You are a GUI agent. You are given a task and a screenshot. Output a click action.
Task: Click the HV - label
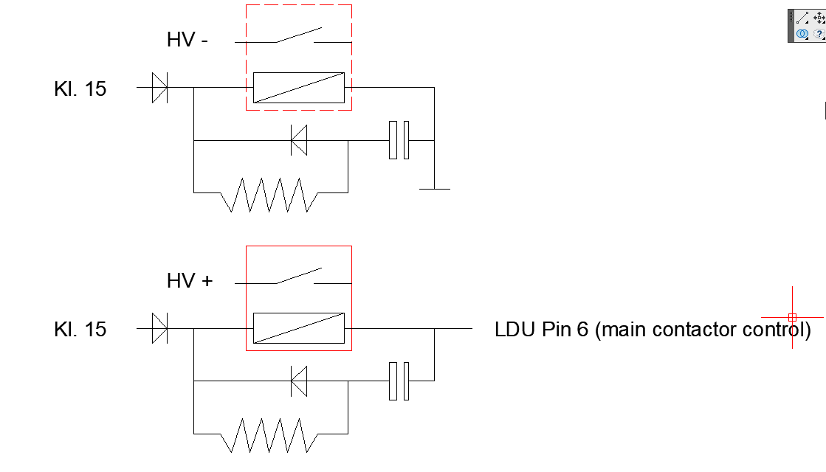tap(187, 41)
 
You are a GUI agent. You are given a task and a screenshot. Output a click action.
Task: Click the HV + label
tap(190, 281)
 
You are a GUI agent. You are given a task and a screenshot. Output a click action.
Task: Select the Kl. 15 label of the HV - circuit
tap(80, 89)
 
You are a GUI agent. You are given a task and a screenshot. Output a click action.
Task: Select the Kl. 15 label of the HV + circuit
tap(80, 329)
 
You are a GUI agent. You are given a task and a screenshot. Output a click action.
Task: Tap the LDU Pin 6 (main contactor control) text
tap(653, 329)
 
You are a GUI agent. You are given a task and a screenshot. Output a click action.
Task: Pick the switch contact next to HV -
tap(298, 36)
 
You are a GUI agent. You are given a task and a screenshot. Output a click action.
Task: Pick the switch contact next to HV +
tap(298, 277)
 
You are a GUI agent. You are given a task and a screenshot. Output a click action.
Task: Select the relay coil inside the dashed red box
tap(299, 88)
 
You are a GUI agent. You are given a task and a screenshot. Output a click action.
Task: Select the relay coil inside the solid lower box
tap(299, 328)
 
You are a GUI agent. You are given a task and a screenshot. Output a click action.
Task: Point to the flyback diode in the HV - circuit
tap(299, 140)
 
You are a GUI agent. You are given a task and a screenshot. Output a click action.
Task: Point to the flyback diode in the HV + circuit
tap(299, 381)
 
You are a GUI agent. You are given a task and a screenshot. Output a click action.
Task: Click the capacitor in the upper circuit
tap(399, 140)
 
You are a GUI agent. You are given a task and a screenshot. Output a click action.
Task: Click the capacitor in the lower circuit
tap(399, 381)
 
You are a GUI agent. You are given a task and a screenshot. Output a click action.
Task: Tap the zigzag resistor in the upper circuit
tap(269, 194)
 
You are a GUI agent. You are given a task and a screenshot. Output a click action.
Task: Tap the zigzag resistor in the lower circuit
tap(269, 435)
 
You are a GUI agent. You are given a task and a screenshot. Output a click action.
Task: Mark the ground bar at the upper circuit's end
tap(434, 189)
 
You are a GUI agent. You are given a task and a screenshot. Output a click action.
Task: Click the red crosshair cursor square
tap(792, 317)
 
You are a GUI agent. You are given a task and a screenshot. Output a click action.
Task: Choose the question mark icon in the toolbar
tap(818, 34)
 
